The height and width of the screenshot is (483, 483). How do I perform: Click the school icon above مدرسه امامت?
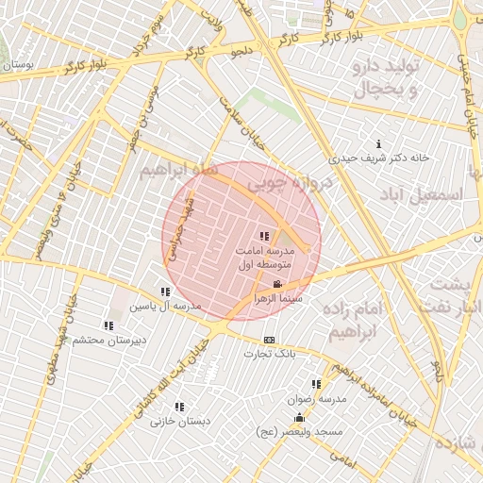tap(263, 236)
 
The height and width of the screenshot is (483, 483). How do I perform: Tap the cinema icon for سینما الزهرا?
tap(276, 284)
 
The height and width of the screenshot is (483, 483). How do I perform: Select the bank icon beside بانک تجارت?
tap(270, 340)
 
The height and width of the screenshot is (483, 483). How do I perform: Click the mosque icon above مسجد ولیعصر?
tap(300, 417)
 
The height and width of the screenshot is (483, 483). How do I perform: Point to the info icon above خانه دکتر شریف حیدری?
tap(379, 144)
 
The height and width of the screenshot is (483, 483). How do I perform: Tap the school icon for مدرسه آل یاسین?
tap(165, 292)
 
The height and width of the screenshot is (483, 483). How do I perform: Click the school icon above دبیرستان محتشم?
tap(108, 326)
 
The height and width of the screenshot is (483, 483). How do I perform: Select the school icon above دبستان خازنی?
tap(180, 407)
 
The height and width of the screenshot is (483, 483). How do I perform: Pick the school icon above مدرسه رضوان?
tap(316, 384)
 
